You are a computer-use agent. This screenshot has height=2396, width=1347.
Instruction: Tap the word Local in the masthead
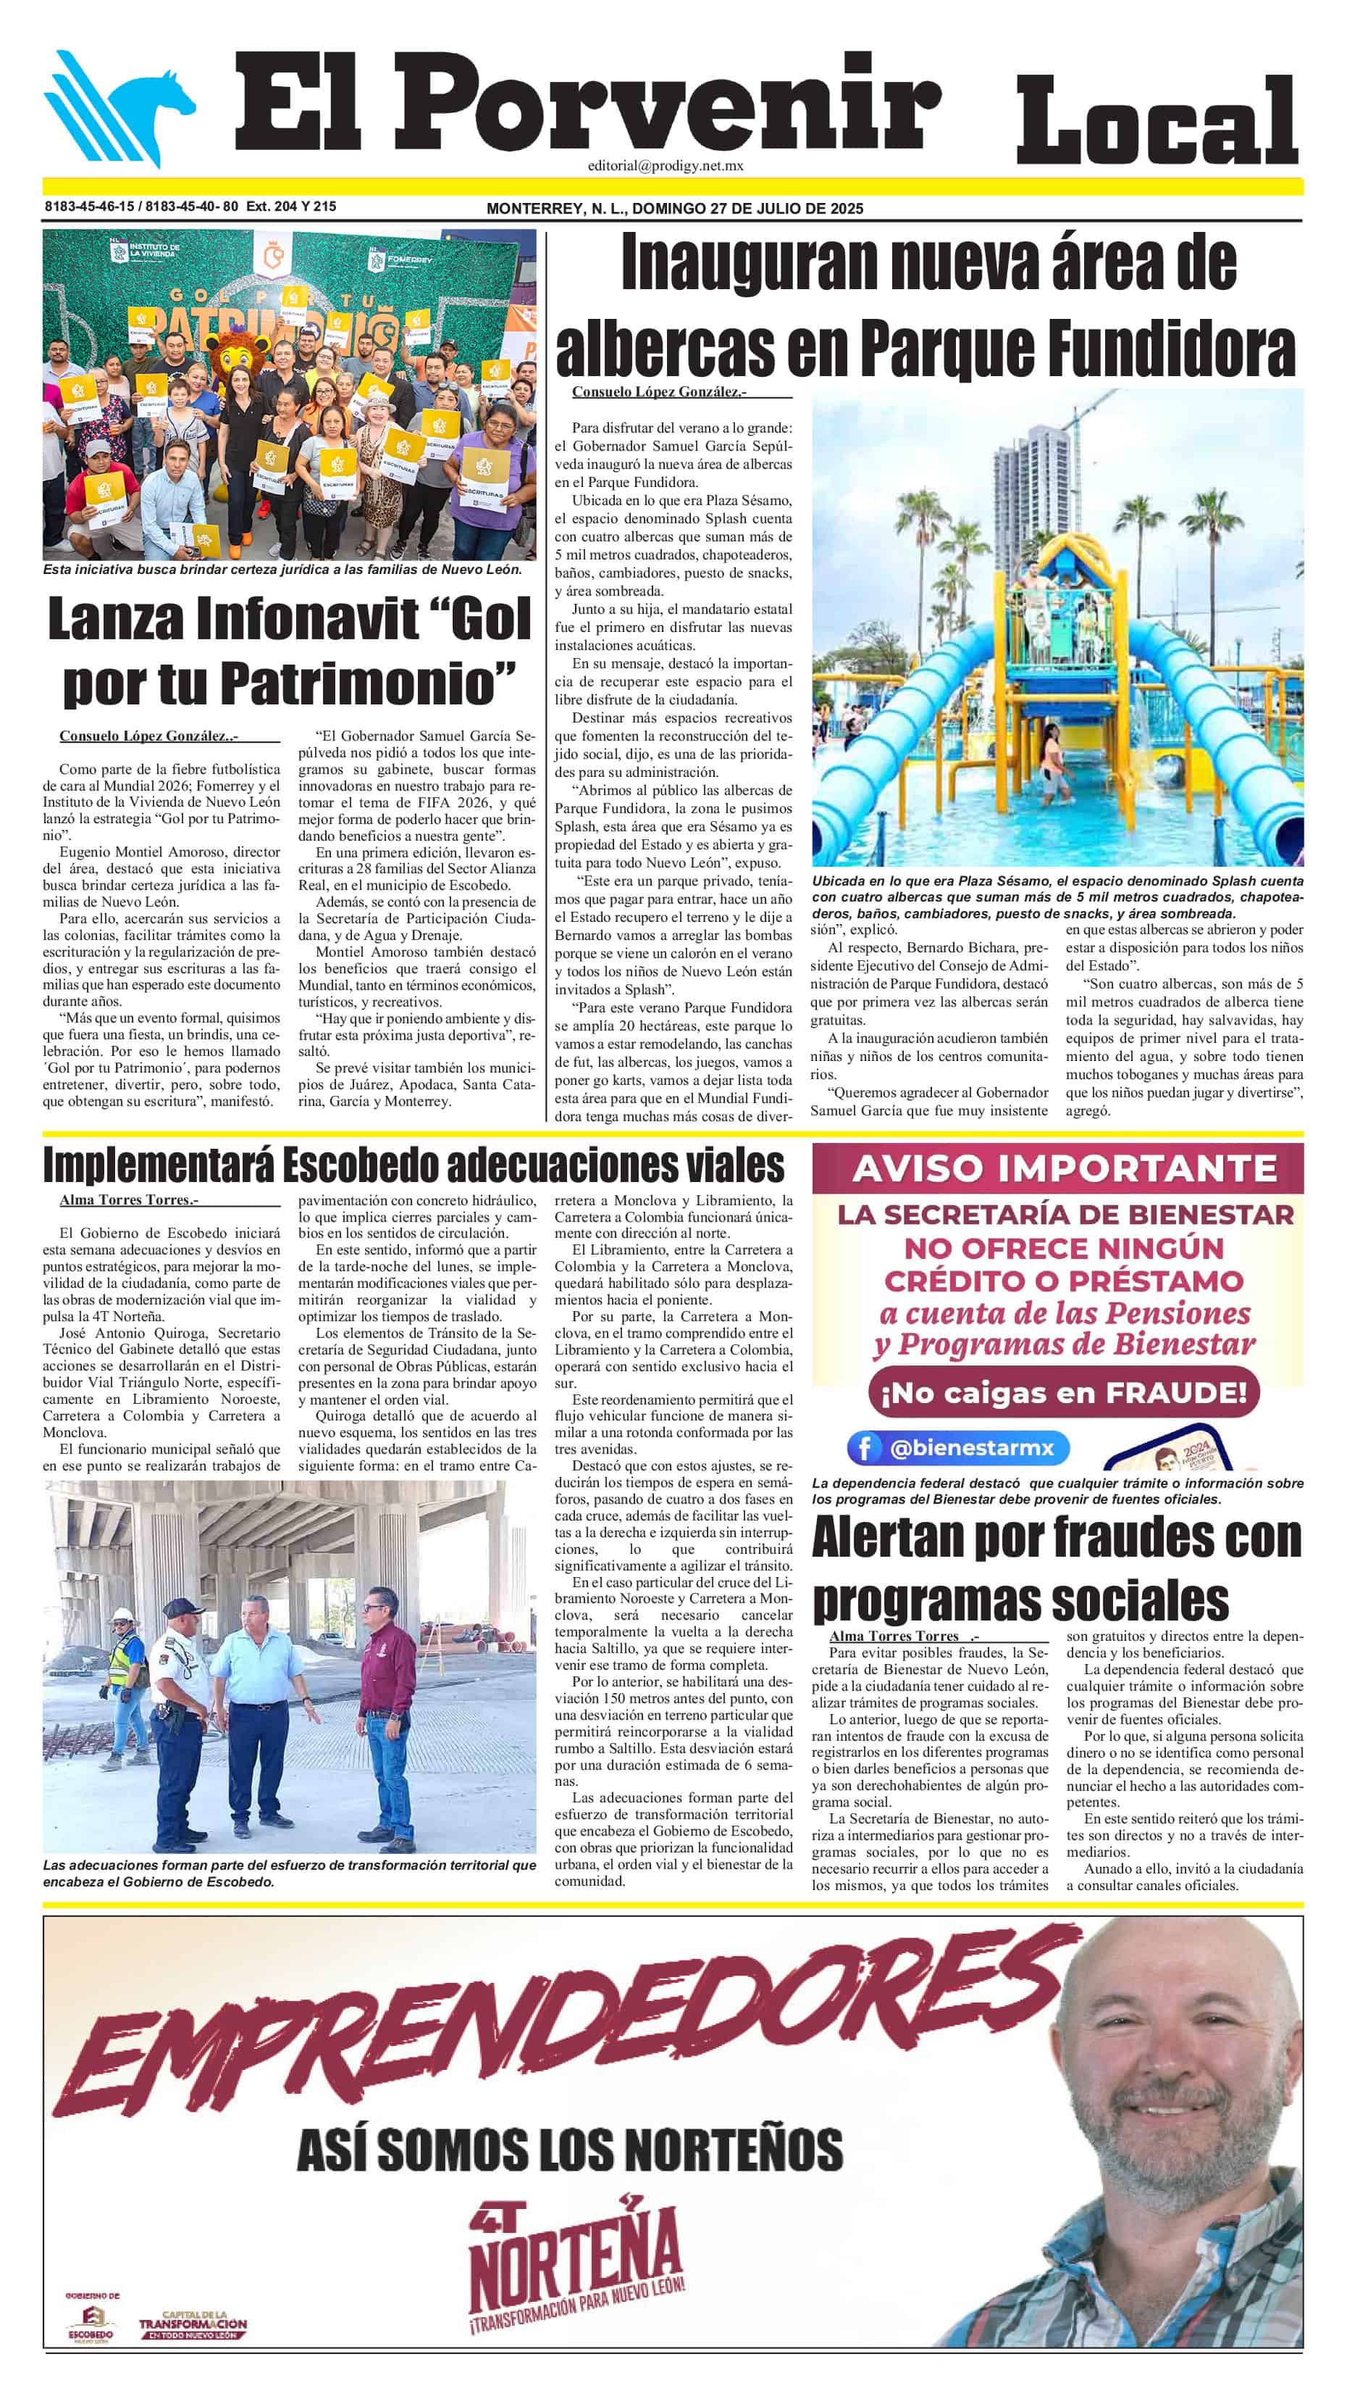point(1157,121)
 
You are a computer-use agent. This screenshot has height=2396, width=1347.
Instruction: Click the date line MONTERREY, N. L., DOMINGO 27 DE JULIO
point(674,208)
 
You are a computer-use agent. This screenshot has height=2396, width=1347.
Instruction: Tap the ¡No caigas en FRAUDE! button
point(1063,1392)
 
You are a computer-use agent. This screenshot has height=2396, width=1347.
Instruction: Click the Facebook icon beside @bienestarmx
point(865,1448)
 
